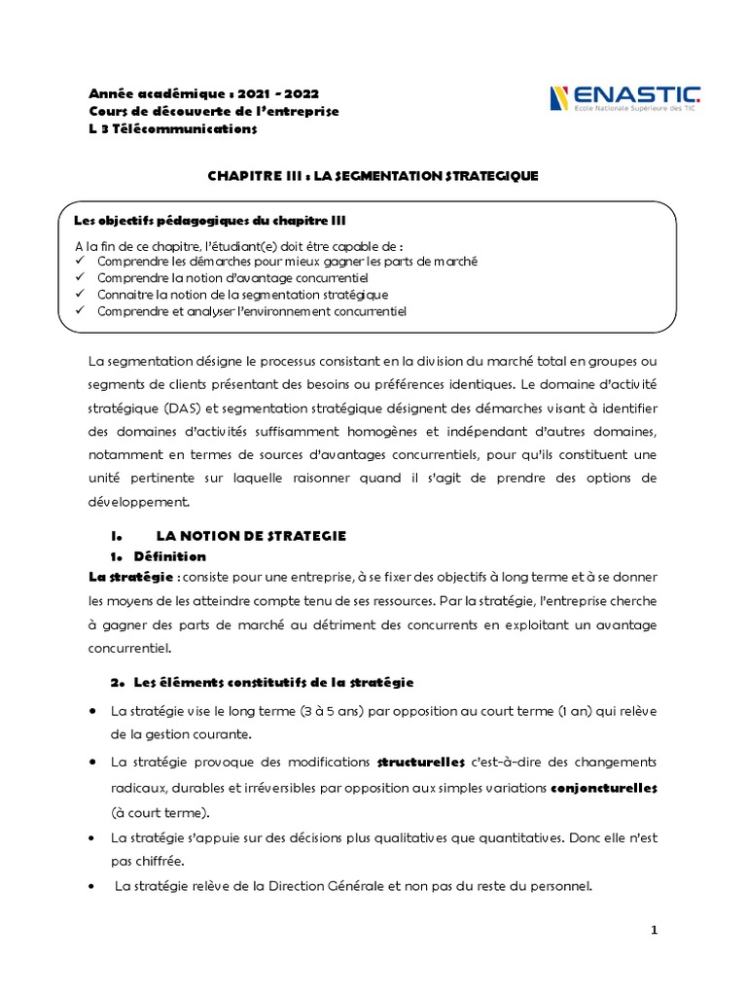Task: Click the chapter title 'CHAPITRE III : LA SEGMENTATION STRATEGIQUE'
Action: [373, 175]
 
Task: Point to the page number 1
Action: [655, 930]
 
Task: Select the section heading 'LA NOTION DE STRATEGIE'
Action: [251, 536]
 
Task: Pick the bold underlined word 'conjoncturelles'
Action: [604, 786]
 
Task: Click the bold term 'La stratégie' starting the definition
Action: [124, 578]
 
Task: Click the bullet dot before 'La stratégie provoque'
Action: [91, 761]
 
